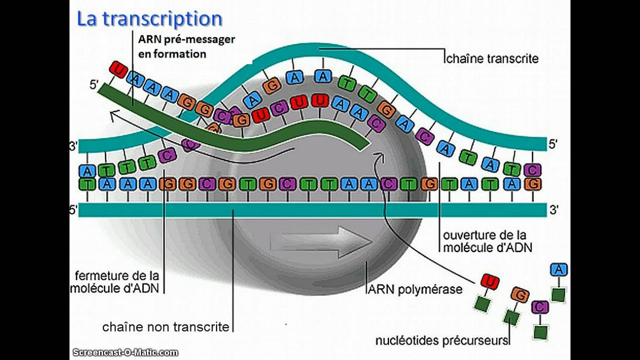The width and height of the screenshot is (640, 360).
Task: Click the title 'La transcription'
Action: (149, 19)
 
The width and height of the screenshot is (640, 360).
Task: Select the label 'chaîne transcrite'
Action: (492, 58)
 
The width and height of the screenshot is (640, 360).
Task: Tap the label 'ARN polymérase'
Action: (415, 289)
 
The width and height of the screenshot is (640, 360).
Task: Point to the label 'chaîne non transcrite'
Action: (165, 327)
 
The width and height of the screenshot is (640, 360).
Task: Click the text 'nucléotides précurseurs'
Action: (442, 340)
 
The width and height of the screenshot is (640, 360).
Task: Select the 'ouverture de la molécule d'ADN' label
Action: (487, 240)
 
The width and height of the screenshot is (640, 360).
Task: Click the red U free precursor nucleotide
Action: (490, 282)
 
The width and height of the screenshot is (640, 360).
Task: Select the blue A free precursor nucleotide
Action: (559, 269)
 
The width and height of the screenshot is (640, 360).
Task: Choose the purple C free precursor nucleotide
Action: (540, 307)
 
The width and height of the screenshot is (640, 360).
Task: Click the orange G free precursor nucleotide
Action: (520, 295)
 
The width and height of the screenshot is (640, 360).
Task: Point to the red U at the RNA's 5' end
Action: (118, 69)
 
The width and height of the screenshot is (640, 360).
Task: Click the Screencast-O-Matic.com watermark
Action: (125, 352)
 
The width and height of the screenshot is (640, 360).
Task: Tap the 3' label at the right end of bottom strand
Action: (553, 210)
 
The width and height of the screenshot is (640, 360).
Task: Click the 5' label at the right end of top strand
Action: (553, 144)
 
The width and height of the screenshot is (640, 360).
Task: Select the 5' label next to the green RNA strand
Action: (94, 85)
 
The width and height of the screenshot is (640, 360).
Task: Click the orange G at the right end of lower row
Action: (533, 183)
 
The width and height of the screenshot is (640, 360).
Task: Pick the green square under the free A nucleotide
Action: (558, 294)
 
